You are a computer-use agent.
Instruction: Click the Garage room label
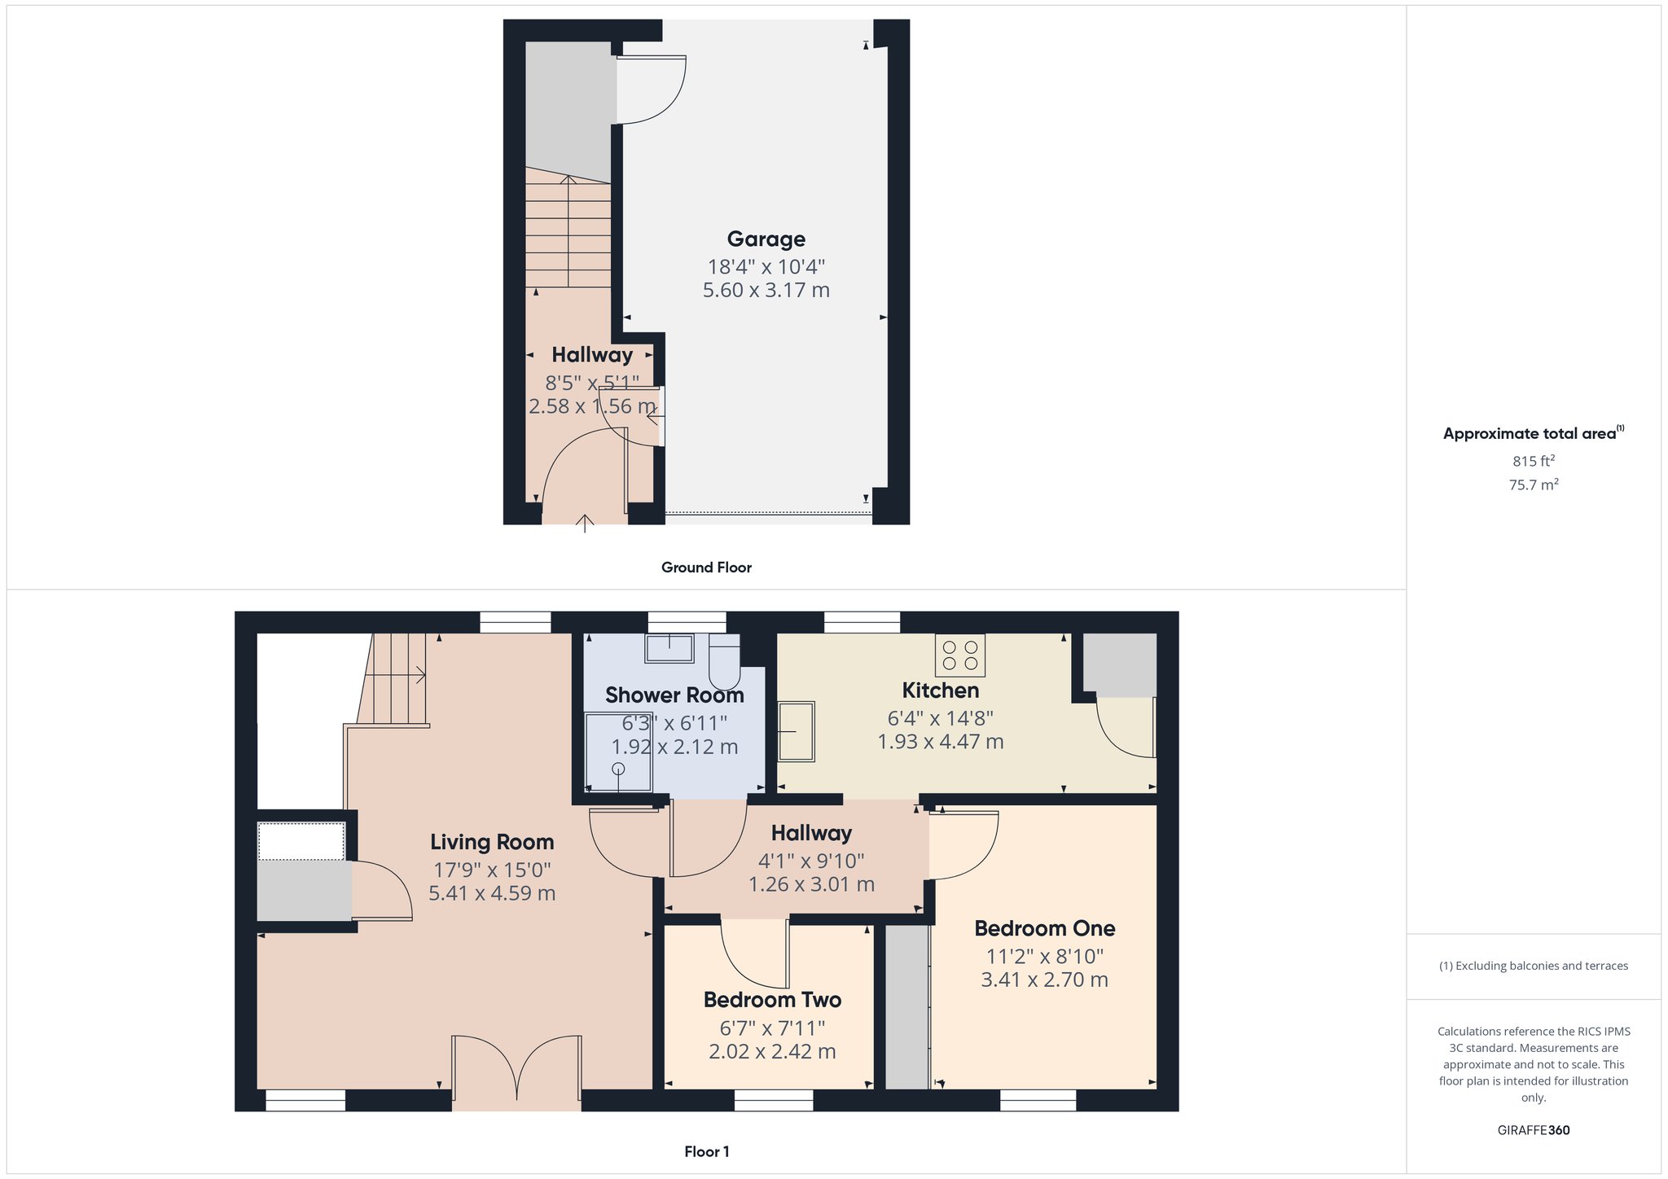[x=766, y=239]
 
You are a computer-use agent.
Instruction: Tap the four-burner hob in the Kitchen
[x=959, y=655]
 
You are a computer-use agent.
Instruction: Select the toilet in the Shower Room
[x=724, y=661]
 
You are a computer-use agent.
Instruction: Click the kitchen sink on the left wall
[x=797, y=732]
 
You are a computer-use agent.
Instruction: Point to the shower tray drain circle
[x=618, y=769]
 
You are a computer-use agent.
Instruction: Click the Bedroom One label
[x=1045, y=928]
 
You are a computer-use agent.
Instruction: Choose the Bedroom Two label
[x=772, y=1000]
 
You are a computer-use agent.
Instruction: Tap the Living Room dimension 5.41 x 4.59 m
[x=492, y=893]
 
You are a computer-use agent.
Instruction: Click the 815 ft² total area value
[x=1534, y=461]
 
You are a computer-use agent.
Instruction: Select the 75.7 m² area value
[x=1534, y=484]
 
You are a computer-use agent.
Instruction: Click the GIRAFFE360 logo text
[x=1534, y=1130]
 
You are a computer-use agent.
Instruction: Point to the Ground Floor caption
[x=706, y=568]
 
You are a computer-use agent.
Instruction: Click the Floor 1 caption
[x=706, y=1151]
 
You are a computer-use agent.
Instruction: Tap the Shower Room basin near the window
[x=669, y=649]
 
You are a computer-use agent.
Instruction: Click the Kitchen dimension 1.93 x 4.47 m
[x=940, y=742]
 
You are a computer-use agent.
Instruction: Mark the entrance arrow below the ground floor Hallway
[x=585, y=523]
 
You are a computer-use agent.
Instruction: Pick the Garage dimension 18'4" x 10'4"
[x=766, y=267]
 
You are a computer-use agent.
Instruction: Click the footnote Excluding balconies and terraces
[x=1534, y=966]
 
